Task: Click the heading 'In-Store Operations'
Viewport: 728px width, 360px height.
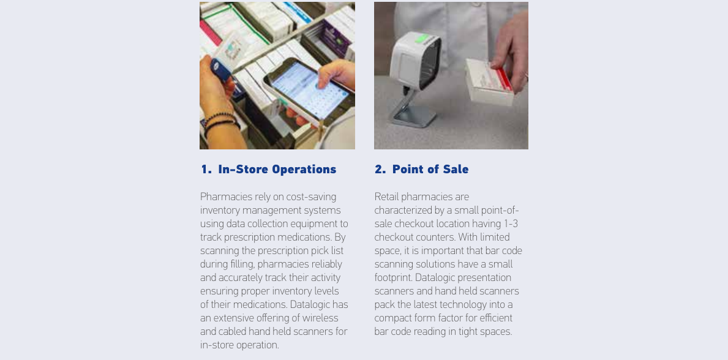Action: (277, 170)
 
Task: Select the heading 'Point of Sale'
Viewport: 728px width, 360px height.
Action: (430, 170)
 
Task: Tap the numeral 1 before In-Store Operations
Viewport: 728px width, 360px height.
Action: (205, 170)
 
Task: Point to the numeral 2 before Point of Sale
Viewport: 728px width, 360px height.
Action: (378, 170)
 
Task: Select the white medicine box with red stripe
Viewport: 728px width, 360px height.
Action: (489, 82)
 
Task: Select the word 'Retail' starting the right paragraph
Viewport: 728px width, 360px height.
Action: (386, 197)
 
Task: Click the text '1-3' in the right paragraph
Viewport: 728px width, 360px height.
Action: (511, 224)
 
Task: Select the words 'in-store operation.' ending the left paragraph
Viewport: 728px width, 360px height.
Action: (239, 345)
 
